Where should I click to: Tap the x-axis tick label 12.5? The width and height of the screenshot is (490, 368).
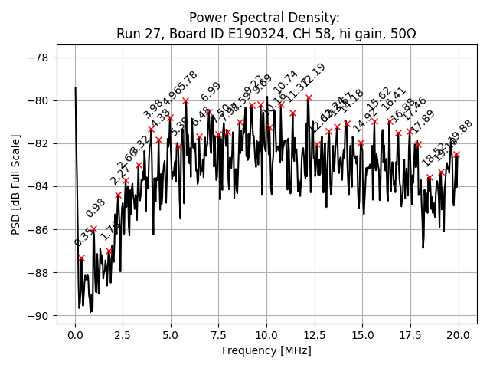click(315, 336)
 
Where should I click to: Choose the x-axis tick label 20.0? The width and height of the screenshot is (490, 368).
click(459, 336)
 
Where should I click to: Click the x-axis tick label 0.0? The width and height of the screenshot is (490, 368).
click(75, 336)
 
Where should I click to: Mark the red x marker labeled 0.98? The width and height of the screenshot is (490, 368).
click(94, 228)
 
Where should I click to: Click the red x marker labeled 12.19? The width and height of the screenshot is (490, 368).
click(309, 97)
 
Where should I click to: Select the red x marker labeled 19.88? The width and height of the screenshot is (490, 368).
click(456, 154)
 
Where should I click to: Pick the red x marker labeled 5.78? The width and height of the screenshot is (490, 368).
click(186, 100)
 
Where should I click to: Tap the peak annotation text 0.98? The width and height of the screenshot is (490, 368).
click(96, 208)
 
